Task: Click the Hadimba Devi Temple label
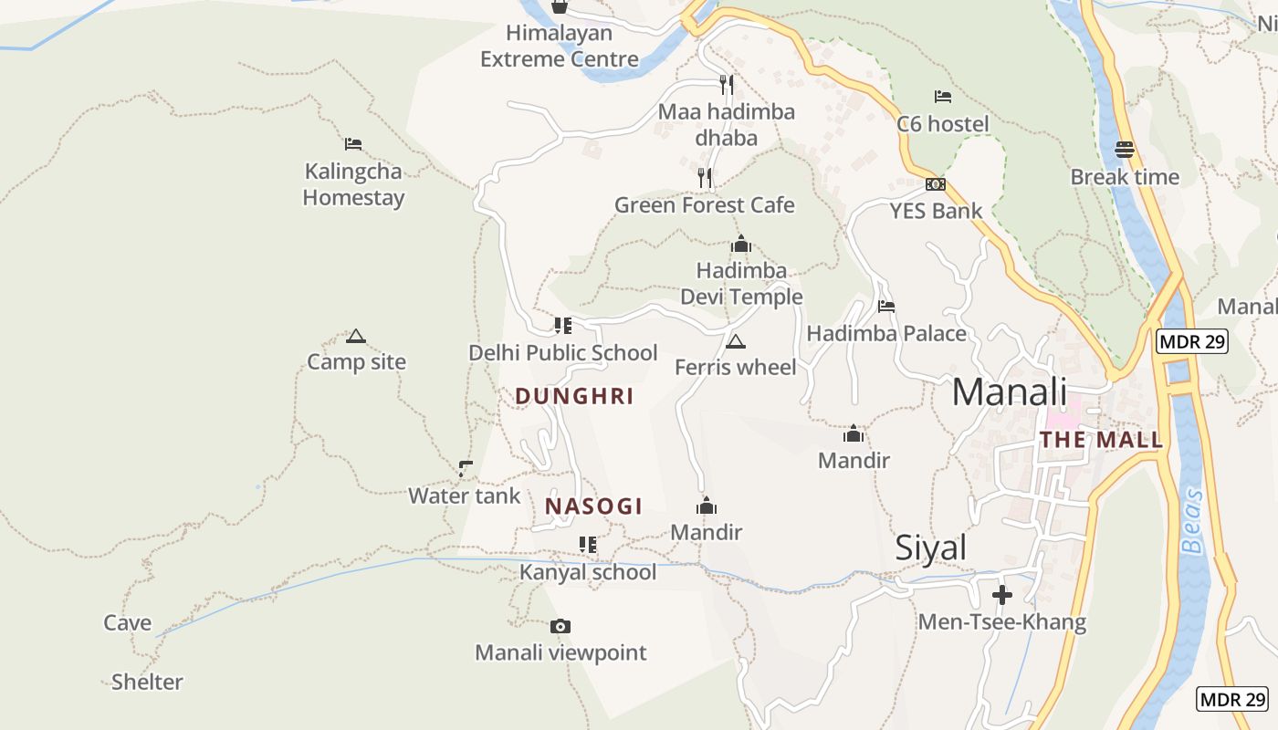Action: [x=741, y=284]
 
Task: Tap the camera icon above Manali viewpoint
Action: [x=560, y=626]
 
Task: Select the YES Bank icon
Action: [x=936, y=184]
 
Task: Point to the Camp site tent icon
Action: [x=356, y=336]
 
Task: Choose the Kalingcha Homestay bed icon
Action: [x=353, y=144]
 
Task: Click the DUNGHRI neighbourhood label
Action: [x=574, y=396]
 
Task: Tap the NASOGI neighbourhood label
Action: [x=593, y=506]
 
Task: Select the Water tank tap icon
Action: [x=466, y=469]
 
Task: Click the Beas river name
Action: [x=1193, y=522]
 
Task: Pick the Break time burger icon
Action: [x=1125, y=150]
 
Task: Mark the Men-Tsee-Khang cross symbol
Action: [x=1002, y=595]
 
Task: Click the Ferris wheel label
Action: [x=735, y=367]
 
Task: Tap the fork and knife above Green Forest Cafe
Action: [x=705, y=177]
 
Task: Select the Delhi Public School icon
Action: [x=563, y=325]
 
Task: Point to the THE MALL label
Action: [x=1101, y=440]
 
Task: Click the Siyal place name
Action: [x=930, y=547]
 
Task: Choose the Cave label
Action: [x=127, y=623]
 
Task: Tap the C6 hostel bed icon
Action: [x=943, y=97]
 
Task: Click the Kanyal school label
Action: [x=587, y=572]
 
